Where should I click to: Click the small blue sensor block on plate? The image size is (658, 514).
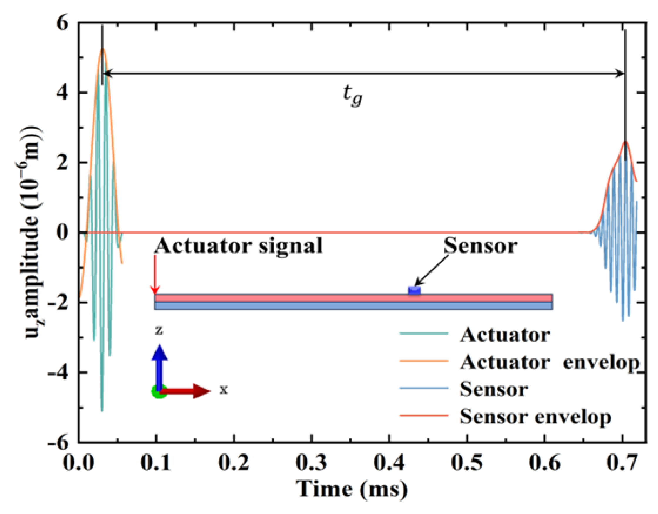414,290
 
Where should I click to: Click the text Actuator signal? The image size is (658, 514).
239,246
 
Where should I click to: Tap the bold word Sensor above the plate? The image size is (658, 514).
480,246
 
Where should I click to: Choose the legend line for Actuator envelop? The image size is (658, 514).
424,361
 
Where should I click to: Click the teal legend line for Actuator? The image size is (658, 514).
424,333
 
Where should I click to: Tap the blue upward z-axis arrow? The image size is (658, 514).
160,366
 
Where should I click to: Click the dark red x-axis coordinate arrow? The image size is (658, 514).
187,391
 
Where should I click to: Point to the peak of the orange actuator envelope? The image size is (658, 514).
103,49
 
